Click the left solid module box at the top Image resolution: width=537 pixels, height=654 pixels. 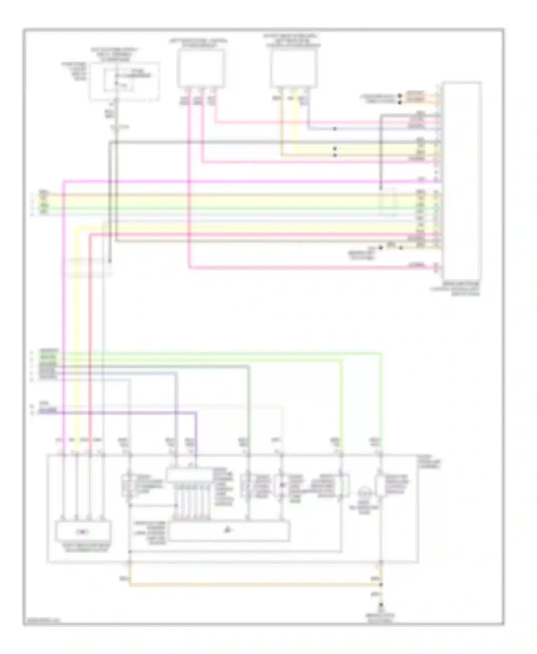click(202, 68)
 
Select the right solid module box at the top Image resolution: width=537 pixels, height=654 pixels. click(294, 68)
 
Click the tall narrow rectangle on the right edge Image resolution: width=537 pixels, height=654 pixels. click(461, 181)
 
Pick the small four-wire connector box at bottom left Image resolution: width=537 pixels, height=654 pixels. click(83, 532)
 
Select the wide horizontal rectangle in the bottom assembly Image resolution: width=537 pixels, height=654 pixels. click(229, 531)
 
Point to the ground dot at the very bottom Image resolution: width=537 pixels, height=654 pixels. click(381, 605)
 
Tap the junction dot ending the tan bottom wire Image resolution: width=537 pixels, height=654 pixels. click(381, 585)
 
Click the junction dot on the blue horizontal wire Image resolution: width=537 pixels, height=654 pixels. click(335, 129)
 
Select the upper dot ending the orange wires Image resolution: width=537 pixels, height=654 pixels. click(400, 96)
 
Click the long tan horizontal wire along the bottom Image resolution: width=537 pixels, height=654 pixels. click(251, 585)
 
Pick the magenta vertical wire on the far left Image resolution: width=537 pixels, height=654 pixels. click(64, 304)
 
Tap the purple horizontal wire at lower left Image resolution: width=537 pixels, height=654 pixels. click(125, 413)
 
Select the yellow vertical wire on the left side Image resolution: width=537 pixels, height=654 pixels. click(76, 322)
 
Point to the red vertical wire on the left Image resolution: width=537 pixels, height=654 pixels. click(90, 322)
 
